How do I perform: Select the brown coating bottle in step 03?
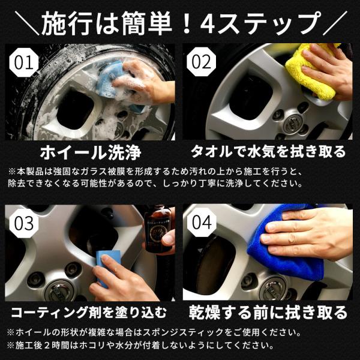click(157, 231)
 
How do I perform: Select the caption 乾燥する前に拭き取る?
click(267, 313)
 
